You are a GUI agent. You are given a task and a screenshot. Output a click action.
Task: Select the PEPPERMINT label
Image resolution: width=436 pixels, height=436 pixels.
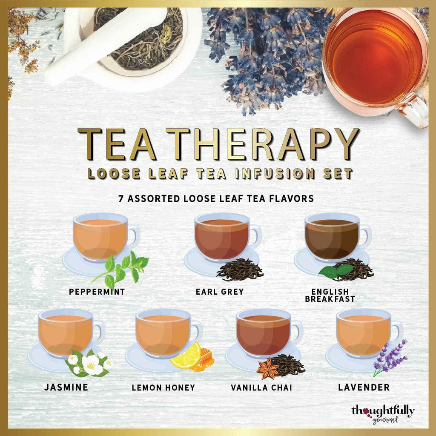(x=97, y=292)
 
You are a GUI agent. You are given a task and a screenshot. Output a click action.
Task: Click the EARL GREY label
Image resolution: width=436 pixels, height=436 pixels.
(x=220, y=292)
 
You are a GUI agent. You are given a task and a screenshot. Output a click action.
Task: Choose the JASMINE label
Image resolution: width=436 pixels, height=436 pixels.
(x=66, y=387)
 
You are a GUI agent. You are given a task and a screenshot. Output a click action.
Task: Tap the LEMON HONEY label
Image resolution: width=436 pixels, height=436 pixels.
(x=163, y=387)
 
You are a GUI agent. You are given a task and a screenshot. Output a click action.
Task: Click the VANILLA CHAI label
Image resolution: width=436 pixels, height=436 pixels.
(x=262, y=387)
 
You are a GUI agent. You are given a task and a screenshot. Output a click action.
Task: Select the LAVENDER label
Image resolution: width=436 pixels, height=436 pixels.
(x=364, y=387)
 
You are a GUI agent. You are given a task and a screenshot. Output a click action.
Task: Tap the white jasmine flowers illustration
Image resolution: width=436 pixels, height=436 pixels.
(x=89, y=363)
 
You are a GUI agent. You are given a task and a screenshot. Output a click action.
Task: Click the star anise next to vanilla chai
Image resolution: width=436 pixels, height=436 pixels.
(x=267, y=369)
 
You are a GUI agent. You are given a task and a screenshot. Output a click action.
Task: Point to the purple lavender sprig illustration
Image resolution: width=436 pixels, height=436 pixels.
(x=390, y=357)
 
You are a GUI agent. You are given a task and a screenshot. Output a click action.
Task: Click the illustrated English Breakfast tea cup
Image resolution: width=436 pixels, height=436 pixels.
(x=332, y=238)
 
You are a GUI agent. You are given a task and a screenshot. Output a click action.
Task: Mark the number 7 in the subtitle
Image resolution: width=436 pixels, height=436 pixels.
(x=114, y=198)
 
